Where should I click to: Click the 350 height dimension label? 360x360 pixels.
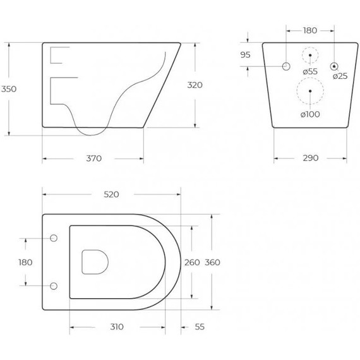coord(9,89)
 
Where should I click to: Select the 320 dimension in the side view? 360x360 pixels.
coord(195,85)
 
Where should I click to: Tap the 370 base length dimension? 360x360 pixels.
coord(93,159)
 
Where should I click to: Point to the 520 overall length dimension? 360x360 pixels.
coord(111,195)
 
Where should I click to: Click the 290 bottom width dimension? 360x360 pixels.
coord(310,158)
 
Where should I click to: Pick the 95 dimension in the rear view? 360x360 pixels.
coord(245,55)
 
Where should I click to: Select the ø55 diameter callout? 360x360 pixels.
coord(310,71)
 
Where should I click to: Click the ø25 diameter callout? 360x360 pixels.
coord(340,76)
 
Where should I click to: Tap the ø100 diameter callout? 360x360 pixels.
coord(310,114)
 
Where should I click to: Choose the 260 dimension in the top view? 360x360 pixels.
coord(192,263)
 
